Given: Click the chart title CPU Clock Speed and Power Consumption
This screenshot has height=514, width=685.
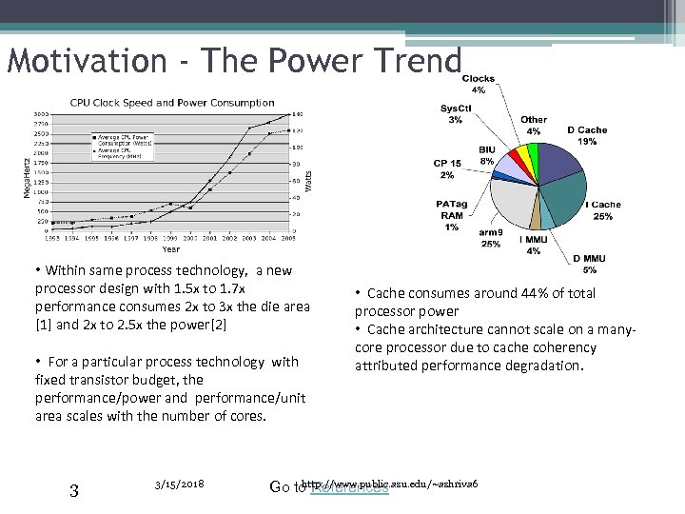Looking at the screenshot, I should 172,103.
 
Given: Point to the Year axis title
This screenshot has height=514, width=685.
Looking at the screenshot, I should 170,249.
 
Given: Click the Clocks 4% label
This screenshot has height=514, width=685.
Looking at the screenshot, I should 479,84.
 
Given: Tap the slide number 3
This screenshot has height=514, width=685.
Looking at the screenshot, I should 75,490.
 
